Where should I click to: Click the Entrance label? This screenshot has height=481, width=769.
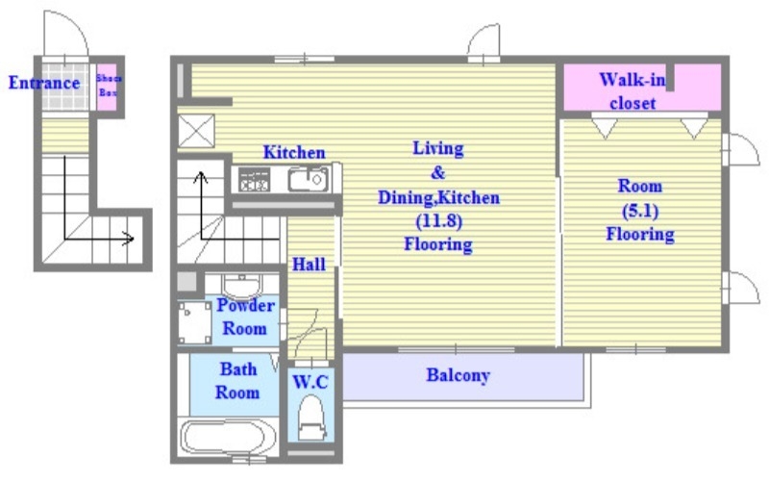44,83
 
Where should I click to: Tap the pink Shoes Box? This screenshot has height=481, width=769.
107,87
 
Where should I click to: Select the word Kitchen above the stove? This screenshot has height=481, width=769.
294,152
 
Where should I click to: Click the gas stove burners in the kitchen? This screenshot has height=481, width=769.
254,180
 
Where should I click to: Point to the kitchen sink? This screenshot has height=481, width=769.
308,180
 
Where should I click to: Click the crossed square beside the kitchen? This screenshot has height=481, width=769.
196,131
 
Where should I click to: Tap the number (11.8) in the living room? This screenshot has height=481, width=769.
439,221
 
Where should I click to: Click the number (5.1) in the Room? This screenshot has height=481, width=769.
640,211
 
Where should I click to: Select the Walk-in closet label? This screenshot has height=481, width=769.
633,91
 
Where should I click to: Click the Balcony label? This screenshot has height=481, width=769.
459,375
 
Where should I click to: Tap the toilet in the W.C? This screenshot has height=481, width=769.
311,418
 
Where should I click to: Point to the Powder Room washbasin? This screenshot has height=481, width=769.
242,286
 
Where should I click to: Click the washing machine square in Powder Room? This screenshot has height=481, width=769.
195,322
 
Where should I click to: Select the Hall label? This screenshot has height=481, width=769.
309,265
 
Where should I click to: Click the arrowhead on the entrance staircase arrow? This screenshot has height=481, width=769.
130,239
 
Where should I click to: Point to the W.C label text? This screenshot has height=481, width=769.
310,382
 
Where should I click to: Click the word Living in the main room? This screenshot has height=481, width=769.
438,148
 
